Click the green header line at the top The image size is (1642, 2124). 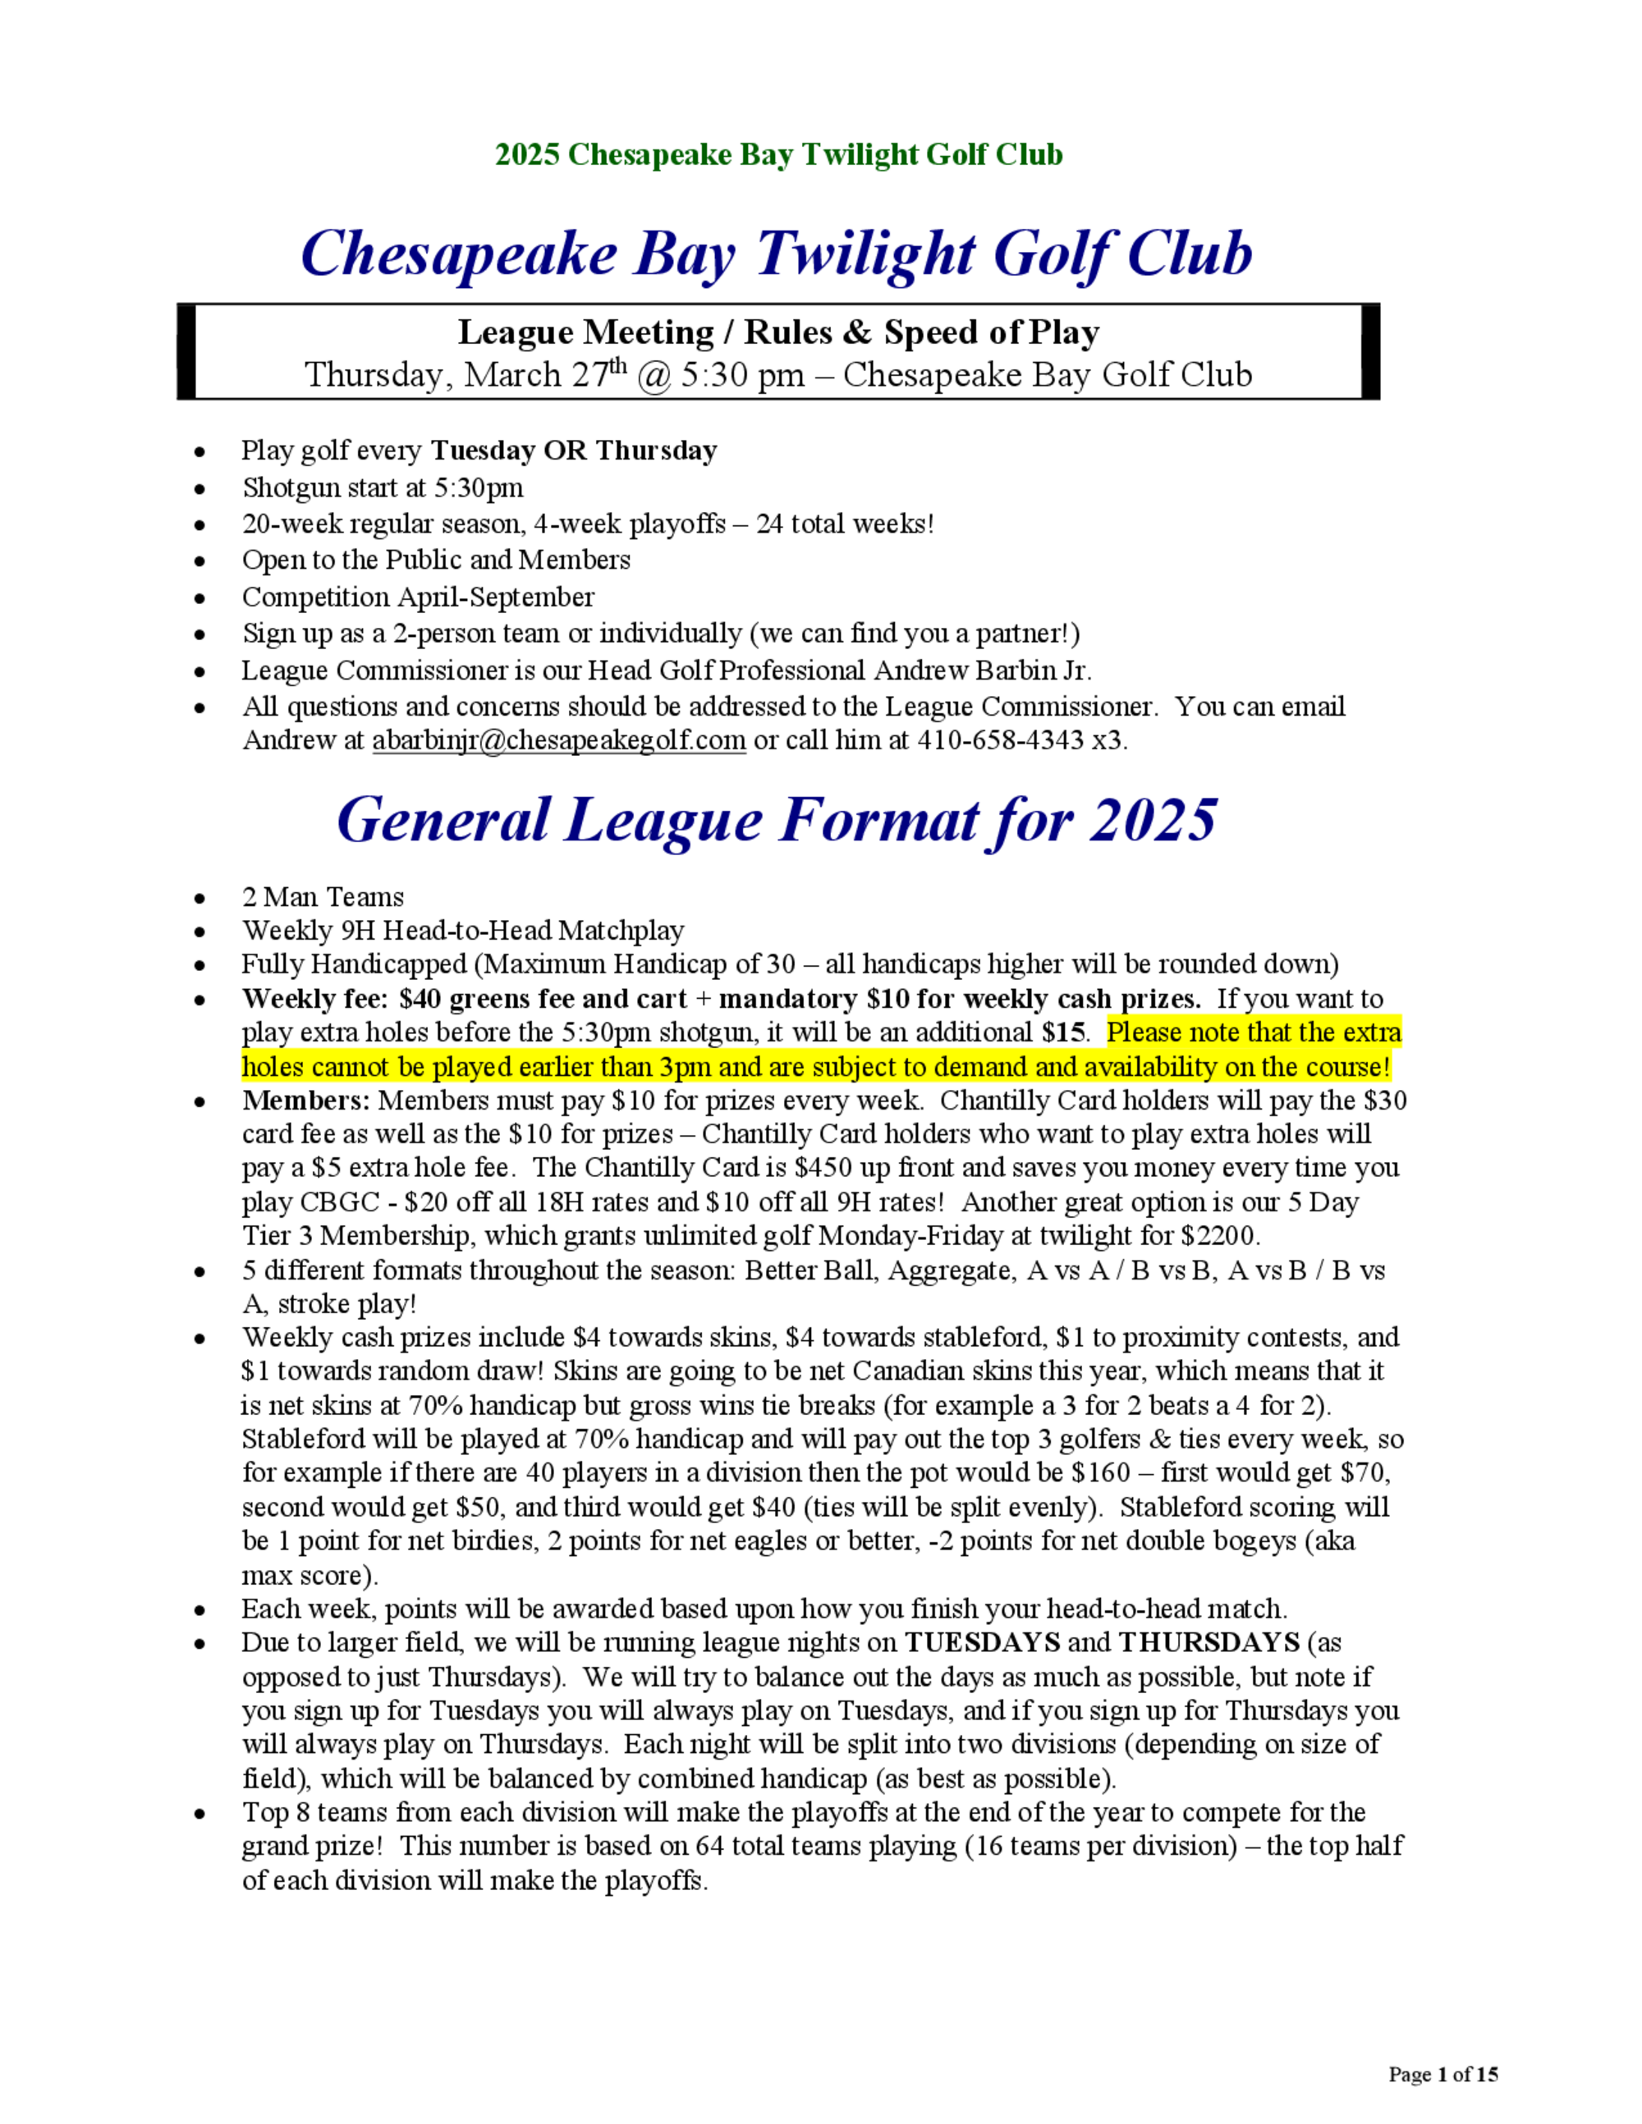pos(778,154)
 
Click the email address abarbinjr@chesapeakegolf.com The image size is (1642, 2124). pos(558,740)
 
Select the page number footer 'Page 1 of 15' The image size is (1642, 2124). pos(1442,2075)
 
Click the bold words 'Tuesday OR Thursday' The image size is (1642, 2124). pos(573,451)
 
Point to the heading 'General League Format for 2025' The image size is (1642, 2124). pos(775,820)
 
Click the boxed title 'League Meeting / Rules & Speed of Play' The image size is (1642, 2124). pos(778,332)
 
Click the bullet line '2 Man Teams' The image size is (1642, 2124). pos(322,897)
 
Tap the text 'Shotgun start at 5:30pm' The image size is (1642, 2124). pos(383,488)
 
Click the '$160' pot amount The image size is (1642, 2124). pos(1100,1472)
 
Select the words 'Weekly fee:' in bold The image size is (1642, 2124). pos(316,999)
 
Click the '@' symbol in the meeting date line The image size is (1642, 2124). pos(654,375)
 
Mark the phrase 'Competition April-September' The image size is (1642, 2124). pos(417,596)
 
